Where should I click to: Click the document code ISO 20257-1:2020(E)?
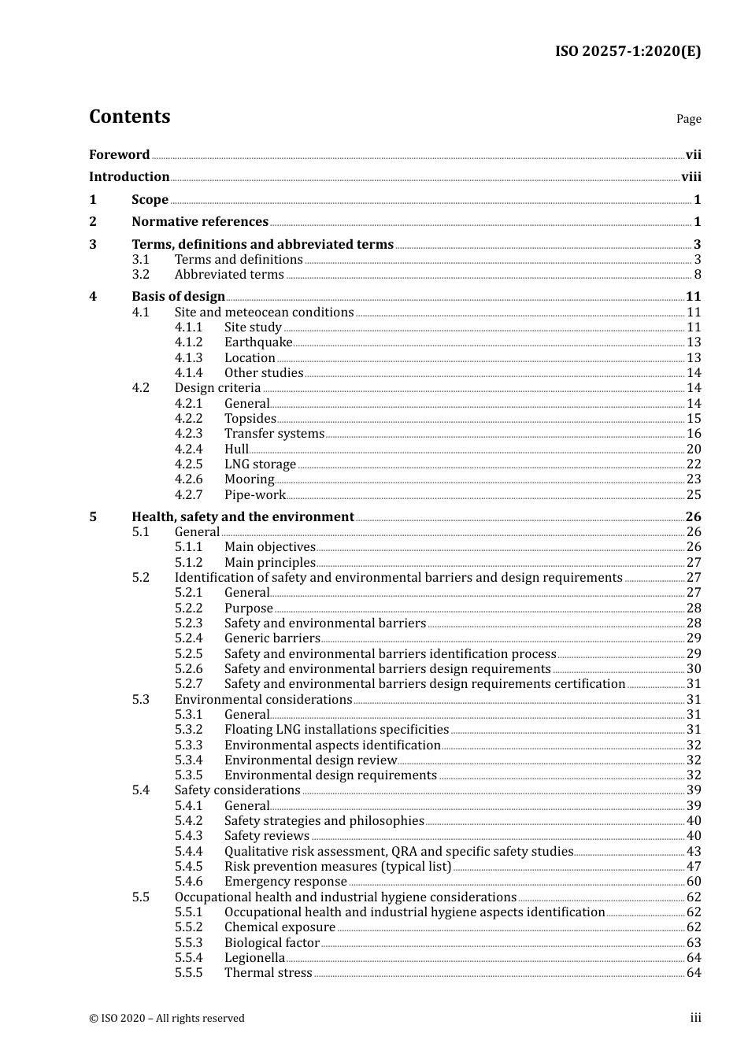click(x=628, y=51)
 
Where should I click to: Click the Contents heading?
click(x=129, y=117)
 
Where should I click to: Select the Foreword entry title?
click(x=119, y=155)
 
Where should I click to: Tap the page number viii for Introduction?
click(x=691, y=177)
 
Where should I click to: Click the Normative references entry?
click(x=200, y=222)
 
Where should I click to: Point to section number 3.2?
click(x=141, y=275)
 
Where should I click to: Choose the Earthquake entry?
click(x=258, y=342)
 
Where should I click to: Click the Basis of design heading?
click(x=178, y=297)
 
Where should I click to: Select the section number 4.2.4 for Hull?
click(x=188, y=449)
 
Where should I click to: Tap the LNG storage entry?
click(x=260, y=464)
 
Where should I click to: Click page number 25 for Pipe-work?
click(x=693, y=495)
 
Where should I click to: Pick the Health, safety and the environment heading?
click(x=243, y=517)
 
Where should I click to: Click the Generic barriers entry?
click(x=272, y=638)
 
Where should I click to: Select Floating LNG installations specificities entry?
click(x=336, y=730)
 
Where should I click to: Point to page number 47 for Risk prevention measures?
click(x=693, y=867)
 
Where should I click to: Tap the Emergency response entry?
click(x=285, y=882)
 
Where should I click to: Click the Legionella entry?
click(x=254, y=958)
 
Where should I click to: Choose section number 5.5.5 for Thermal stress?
click(x=188, y=973)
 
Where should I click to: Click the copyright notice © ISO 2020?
click(x=167, y=1019)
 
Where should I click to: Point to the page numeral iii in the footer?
click(x=695, y=1018)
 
